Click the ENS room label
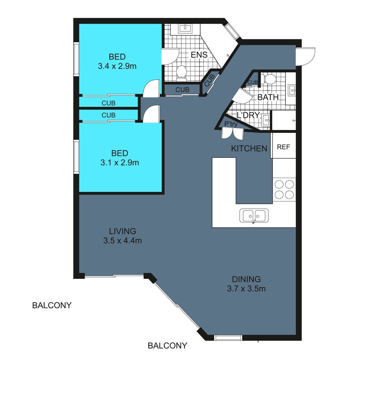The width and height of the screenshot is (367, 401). click(199, 55)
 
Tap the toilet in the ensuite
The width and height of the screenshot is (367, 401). click(182, 73)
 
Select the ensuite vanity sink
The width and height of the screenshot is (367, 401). click(185, 29)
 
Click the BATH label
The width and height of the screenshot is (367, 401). click(268, 97)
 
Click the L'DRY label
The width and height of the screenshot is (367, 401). click(248, 115)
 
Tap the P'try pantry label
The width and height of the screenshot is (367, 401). click(231, 124)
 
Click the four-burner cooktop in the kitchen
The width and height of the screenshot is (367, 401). click(284, 189)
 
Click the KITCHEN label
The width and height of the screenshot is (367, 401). click(249, 149)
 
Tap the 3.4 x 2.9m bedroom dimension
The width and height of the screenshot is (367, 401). click(117, 66)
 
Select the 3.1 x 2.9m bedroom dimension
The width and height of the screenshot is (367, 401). click(120, 163)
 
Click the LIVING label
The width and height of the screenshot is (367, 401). click(122, 231)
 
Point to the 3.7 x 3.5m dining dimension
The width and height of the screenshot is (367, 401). click(246, 289)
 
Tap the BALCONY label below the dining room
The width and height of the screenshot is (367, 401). click(167, 346)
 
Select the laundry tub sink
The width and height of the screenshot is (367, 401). click(266, 120)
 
